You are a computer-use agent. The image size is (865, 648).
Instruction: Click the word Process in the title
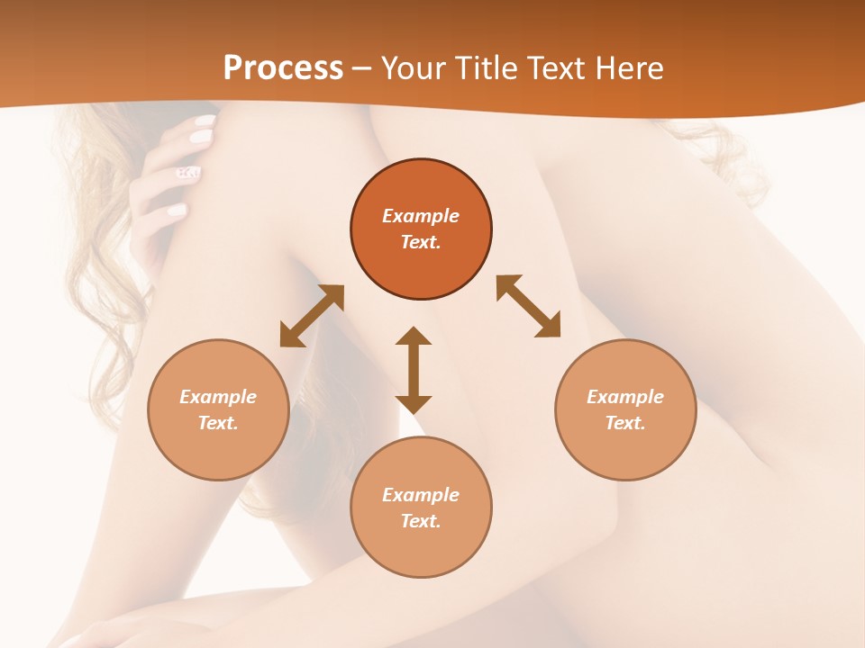[x=283, y=67]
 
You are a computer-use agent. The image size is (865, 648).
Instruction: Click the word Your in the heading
[x=412, y=67]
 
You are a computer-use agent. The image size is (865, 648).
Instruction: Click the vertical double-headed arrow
[x=414, y=370]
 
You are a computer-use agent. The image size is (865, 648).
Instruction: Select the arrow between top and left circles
[x=312, y=316]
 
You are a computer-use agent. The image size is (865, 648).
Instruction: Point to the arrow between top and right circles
[x=528, y=306]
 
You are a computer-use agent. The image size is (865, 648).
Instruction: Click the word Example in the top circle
[x=421, y=216]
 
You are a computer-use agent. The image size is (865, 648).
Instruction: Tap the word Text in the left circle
[x=218, y=423]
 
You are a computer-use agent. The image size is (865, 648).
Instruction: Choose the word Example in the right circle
[x=625, y=397]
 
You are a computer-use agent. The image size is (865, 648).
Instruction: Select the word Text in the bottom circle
[x=421, y=521]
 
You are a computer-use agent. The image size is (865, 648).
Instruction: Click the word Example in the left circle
[x=218, y=397]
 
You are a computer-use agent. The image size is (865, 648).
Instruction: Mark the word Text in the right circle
[x=625, y=423]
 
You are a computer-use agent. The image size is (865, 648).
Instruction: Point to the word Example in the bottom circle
[x=421, y=495]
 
